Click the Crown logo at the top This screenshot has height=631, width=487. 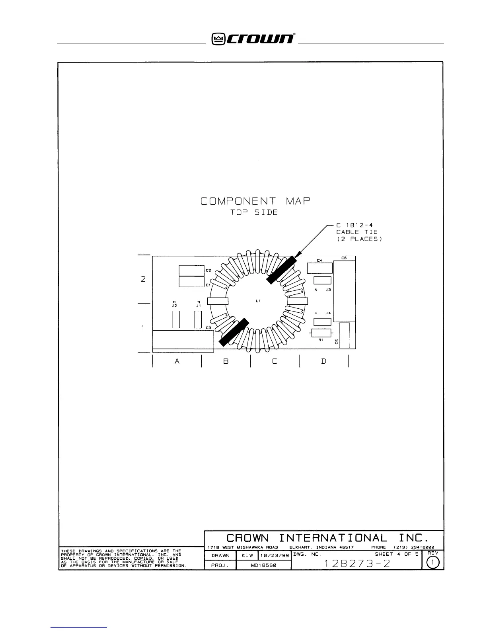click(x=253, y=39)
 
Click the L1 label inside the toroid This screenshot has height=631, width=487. click(x=258, y=301)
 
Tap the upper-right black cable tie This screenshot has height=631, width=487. click(x=282, y=270)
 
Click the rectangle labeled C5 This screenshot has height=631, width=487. click(x=344, y=335)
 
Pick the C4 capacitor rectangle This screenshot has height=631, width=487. click(x=319, y=268)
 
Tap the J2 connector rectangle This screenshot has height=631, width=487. click(x=175, y=319)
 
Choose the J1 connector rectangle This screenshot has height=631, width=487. click(x=198, y=319)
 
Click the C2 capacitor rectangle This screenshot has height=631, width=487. click(x=191, y=270)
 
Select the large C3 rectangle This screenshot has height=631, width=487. click(x=183, y=339)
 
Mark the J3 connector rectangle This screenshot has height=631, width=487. click(x=322, y=280)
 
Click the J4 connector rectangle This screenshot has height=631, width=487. click(x=322, y=322)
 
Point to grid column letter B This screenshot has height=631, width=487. click(x=226, y=361)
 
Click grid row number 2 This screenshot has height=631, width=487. click(x=143, y=279)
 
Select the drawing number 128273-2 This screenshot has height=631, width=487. click(x=356, y=564)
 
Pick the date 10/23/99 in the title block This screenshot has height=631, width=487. click(x=275, y=555)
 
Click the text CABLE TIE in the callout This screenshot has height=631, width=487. click(x=356, y=232)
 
